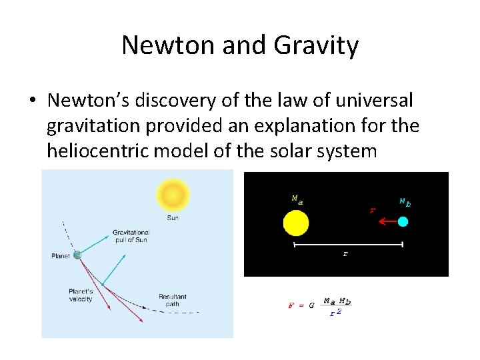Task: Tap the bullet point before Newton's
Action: [32, 101]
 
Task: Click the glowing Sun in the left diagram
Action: [173, 195]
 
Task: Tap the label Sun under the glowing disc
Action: [173, 218]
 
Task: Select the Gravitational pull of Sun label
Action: [131, 236]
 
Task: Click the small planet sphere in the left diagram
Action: [78, 255]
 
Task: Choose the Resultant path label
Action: [173, 299]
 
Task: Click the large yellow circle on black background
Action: [295, 223]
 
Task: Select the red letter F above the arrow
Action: [372, 210]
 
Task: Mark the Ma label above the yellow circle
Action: [296, 199]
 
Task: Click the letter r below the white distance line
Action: [345, 254]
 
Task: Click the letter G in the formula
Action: [311, 305]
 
